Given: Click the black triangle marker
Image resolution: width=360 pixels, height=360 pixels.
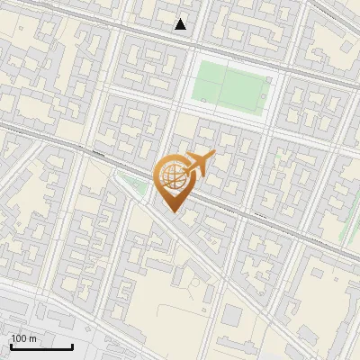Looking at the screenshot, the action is pyautogui.click(x=181, y=24).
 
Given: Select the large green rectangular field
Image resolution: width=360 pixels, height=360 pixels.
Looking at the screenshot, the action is pyautogui.click(x=231, y=85).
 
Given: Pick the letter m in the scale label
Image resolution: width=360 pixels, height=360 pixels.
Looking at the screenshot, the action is pyautogui.click(x=33, y=338).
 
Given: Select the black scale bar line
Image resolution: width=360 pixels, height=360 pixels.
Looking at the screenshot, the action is pyautogui.click(x=41, y=346).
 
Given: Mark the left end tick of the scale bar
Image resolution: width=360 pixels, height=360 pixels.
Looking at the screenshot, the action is pyautogui.click(x=11, y=345).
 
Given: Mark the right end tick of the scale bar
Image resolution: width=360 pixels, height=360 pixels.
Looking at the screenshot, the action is pyautogui.click(x=72, y=345).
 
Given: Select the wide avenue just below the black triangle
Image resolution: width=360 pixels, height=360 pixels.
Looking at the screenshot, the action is pyautogui.click(x=181, y=40).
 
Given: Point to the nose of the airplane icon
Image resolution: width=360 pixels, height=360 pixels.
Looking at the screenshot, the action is pyautogui.click(x=212, y=156).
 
